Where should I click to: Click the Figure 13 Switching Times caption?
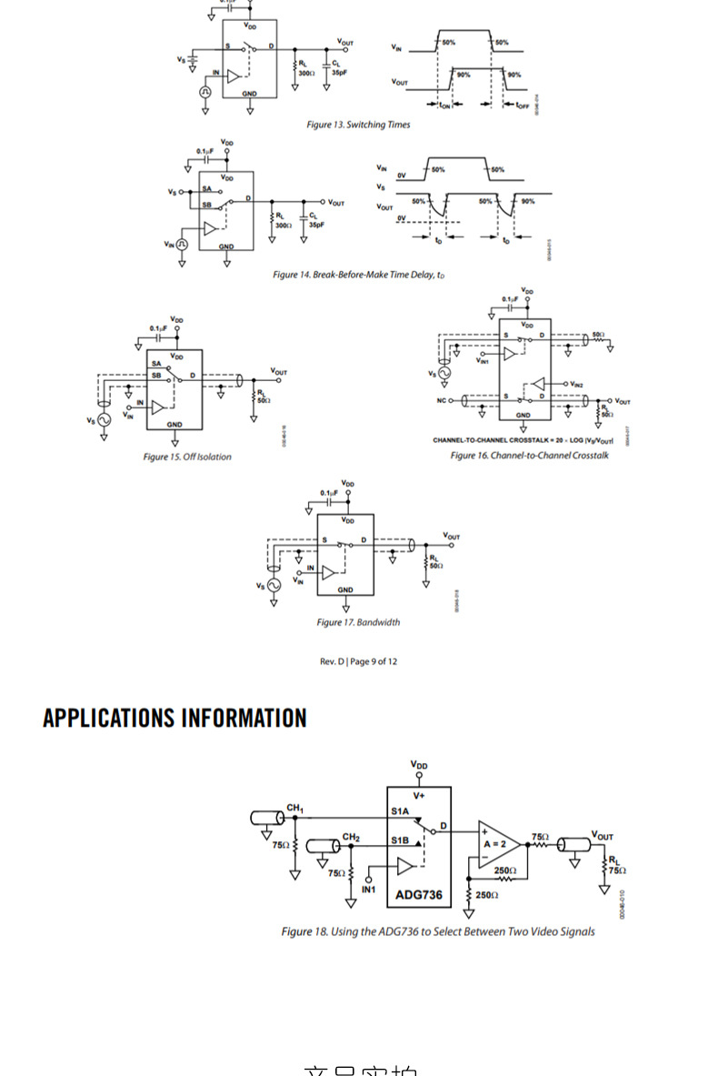(x=357, y=125)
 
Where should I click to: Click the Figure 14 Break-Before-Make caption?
(x=358, y=275)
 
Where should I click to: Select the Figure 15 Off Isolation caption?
(x=186, y=457)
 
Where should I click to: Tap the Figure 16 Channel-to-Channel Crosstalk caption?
(x=529, y=455)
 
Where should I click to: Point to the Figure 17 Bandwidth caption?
(x=357, y=622)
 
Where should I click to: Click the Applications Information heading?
(x=175, y=719)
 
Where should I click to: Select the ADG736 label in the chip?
(x=419, y=895)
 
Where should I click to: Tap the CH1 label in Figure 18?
(x=295, y=809)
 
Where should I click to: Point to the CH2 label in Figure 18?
(x=351, y=837)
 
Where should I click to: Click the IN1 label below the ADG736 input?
(x=368, y=889)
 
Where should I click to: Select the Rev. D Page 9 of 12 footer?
(x=358, y=661)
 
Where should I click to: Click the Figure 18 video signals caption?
(x=437, y=931)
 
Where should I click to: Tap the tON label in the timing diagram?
(x=445, y=106)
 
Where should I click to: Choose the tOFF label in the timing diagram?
(x=523, y=106)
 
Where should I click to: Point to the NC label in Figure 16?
(x=441, y=400)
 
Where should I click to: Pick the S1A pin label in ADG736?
(x=401, y=811)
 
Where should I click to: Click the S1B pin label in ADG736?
(x=401, y=840)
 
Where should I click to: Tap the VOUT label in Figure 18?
(x=602, y=835)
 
